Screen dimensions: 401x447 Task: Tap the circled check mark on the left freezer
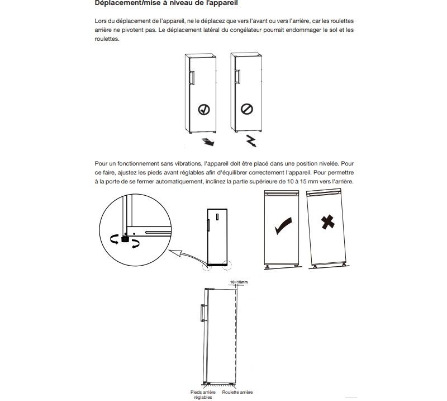(205, 109)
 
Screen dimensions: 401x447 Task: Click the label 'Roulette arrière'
(237, 392)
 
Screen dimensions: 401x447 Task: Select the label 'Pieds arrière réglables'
(203, 395)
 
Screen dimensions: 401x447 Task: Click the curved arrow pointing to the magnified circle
(187, 258)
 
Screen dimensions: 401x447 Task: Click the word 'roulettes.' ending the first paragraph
(107, 39)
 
